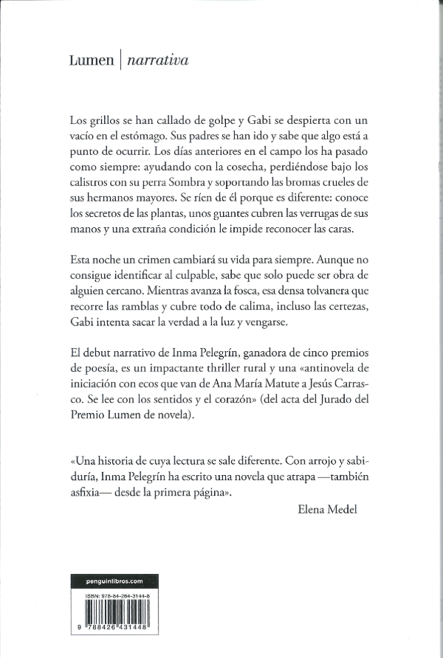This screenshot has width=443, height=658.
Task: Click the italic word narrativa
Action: click(157, 61)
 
